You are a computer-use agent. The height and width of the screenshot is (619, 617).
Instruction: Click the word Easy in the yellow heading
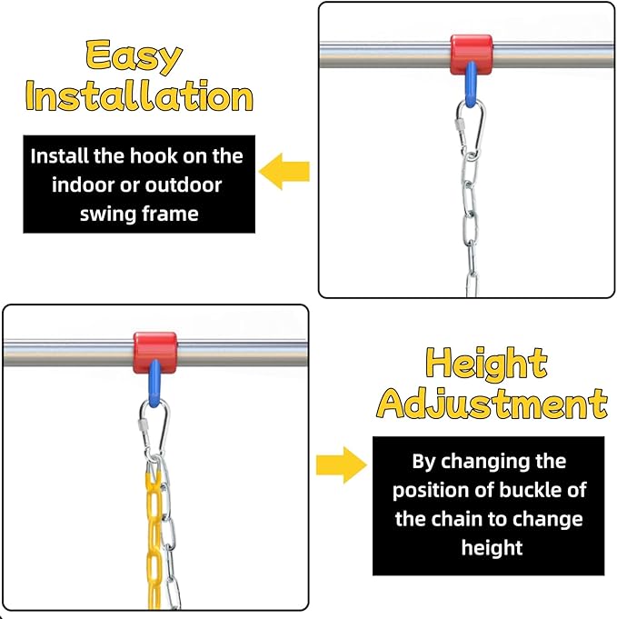click(x=134, y=56)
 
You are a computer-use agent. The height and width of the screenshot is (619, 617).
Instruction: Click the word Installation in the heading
click(x=139, y=95)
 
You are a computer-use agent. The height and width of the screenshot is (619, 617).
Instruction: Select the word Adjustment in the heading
click(x=493, y=403)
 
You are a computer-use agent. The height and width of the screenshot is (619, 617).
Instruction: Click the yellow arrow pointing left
click(x=284, y=171)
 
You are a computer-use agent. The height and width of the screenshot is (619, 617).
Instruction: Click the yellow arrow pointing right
click(x=342, y=465)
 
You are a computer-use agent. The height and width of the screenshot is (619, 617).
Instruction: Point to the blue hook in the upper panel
click(x=471, y=85)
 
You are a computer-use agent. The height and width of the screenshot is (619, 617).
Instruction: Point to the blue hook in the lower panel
click(x=154, y=384)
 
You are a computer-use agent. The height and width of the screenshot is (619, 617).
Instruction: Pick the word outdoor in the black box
click(x=184, y=185)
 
